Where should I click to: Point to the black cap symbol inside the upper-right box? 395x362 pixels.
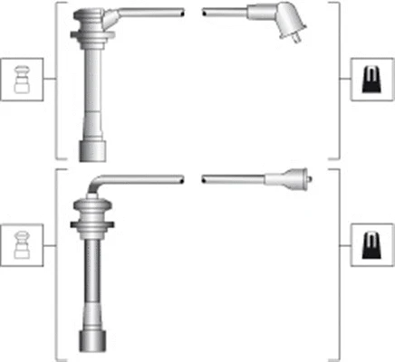pos(369,81)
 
